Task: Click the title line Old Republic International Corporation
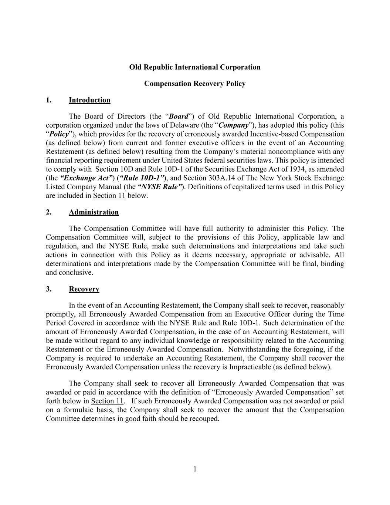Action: pos(195,67)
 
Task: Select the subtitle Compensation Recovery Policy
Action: pos(195,84)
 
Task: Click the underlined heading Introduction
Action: pos(89,100)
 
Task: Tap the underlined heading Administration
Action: pos(94,212)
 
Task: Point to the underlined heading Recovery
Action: pos(84,289)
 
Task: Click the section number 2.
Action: pos(49,212)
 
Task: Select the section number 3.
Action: pos(49,289)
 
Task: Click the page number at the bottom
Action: pos(195,469)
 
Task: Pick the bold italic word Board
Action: pos(179,117)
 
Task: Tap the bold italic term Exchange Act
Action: pos(86,178)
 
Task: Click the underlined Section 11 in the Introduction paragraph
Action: pos(109,196)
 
